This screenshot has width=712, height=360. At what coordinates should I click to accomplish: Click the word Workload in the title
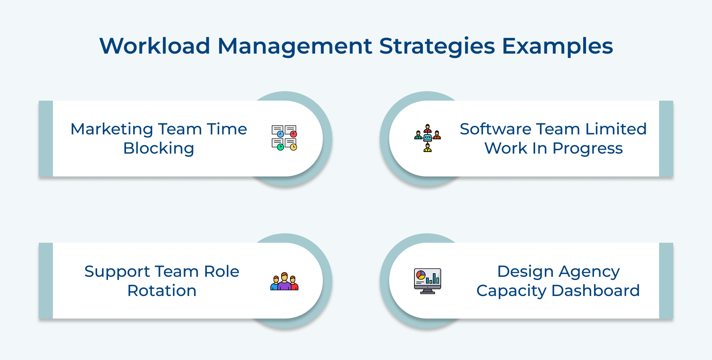(x=155, y=46)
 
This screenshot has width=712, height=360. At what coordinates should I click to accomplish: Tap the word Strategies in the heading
(x=437, y=46)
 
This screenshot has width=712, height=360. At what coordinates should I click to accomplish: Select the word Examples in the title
(x=557, y=46)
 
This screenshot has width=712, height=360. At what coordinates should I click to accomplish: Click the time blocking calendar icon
(x=284, y=138)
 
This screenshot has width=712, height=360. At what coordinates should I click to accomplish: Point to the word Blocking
(x=159, y=148)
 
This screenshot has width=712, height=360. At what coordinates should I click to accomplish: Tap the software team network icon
(x=427, y=138)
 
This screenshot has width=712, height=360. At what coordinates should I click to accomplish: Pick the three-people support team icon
(x=284, y=281)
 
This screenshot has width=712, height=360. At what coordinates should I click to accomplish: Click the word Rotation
(x=162, y=291)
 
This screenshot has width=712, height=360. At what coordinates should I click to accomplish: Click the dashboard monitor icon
(x=427, y=281)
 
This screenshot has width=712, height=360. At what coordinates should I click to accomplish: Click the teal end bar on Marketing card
(x=46, y=138)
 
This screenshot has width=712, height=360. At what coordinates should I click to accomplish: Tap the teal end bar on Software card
(x=666, y=138)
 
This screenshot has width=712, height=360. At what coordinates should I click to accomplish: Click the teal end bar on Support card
(x=46, y=280)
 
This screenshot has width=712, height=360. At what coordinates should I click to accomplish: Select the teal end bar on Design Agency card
(x=666, y=280)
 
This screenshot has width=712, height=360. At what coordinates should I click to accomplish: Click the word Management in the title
(x=295, y=46)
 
